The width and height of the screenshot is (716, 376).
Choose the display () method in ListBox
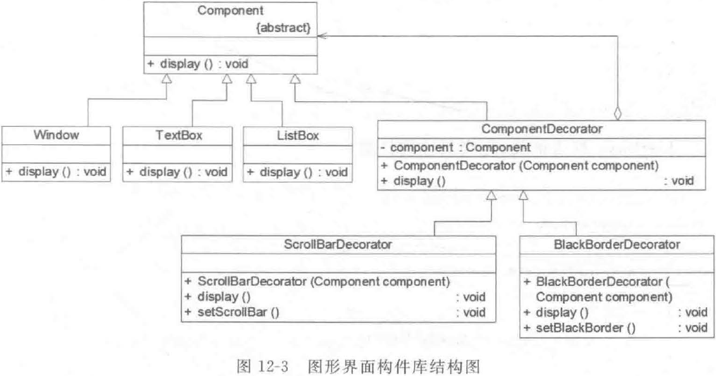[295, 172]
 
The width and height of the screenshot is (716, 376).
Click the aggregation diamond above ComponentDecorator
[617, 115]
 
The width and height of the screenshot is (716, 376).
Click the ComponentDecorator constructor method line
[519, 166]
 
